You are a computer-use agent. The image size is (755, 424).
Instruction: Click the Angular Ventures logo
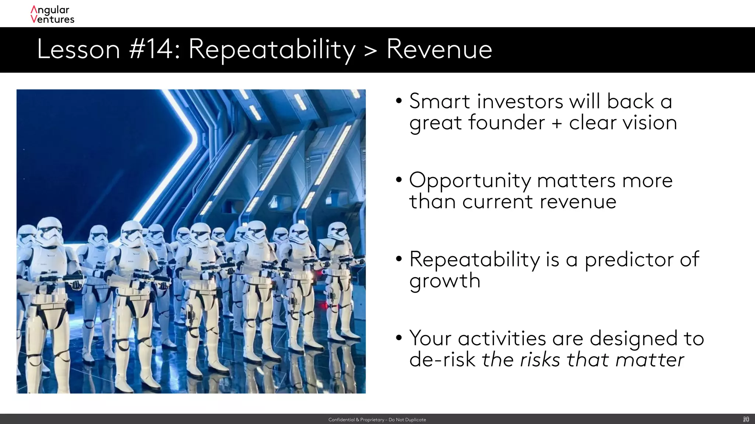tap(52, 15)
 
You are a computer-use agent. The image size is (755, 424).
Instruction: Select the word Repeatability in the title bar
tap(272, 50)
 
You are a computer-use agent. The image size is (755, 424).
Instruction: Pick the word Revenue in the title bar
tap(439, 49)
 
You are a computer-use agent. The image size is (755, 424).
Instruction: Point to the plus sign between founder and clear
tap(557, 123)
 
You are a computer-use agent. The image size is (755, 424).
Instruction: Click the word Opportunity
tap(470, 181)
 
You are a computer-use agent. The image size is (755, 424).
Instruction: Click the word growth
tap(445, 281)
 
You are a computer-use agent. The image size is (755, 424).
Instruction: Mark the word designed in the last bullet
tap(633, 339)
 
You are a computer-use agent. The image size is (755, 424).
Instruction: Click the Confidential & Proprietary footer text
tap(377, 420)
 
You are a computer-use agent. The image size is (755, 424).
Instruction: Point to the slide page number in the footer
tap(746, 419)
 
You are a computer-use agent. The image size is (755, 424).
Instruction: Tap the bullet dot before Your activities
tap(399, 338)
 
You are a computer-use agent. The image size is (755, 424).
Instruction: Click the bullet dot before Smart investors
tap(399, 101)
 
